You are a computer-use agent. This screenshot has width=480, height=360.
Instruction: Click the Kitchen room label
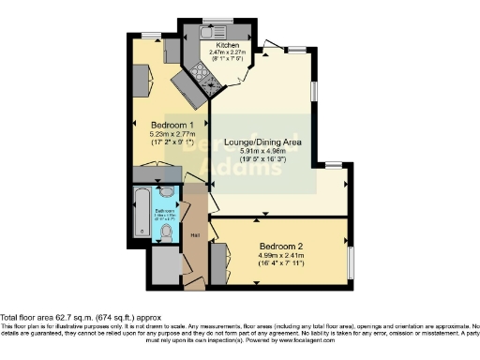pos(228,45)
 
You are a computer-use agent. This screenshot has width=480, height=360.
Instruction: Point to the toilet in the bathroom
pos(165,227)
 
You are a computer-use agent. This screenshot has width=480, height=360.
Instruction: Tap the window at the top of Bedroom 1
pos(149,35)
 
